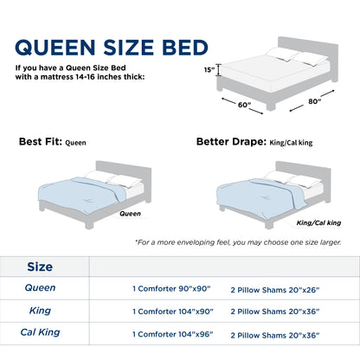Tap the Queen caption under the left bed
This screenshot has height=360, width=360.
point(130,212)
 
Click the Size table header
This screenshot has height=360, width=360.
point(41,267)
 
